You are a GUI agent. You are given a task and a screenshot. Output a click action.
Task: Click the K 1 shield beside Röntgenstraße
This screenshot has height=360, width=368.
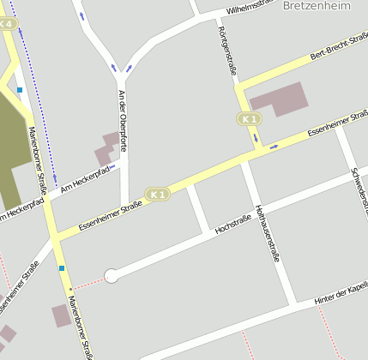249,118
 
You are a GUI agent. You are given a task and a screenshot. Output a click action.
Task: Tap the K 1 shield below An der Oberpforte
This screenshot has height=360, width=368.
157,195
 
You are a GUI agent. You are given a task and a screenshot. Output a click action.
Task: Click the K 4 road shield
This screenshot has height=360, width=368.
7,24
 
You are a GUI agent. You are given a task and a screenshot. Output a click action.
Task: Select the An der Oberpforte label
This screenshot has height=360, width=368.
123,121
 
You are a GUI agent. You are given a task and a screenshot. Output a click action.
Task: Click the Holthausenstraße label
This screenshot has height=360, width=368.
268,233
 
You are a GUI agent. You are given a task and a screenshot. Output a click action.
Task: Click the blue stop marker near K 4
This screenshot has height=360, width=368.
19,89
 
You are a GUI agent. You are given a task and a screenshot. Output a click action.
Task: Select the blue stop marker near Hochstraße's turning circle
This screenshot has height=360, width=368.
62,268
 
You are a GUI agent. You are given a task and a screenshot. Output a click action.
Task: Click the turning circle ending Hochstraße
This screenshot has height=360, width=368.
111,275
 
